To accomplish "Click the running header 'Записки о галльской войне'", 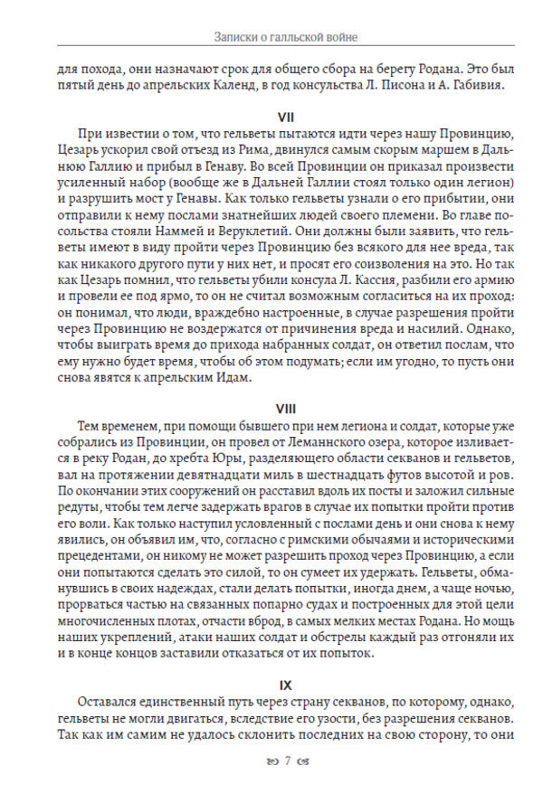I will coord(271,37).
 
